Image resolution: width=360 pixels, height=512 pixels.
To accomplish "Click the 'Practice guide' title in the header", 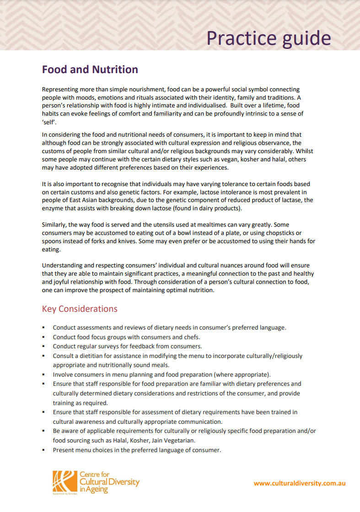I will point(269,38).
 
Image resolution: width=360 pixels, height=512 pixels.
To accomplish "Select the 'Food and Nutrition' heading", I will point(90,69).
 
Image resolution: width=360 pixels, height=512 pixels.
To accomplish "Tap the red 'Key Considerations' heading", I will point(80,309).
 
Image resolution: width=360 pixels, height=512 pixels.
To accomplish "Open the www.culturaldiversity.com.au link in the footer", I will point(300,483).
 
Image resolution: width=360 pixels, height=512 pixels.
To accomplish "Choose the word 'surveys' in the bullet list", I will point(120,346).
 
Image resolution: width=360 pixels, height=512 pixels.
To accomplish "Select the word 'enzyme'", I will point(53,208).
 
